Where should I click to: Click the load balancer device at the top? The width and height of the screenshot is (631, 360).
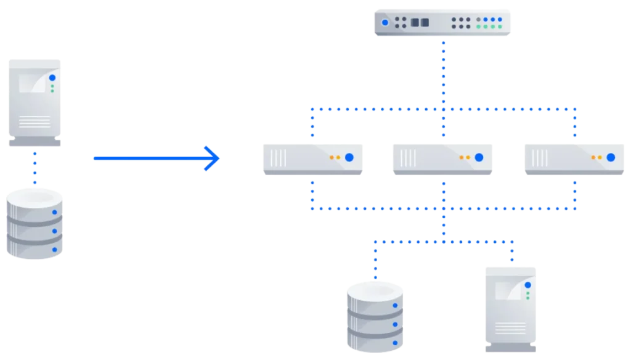pyautogui.click(x=443, y=22)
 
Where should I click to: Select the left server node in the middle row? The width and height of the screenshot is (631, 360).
pyautogui.click(x=312, y=159)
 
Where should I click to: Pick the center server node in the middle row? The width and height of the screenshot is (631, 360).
pyautogui.click(x=441, y=159)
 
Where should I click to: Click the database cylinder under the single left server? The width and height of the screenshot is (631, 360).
pyautogui.click(x=35, y=224)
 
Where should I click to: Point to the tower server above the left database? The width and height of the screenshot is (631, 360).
pyautogui.click(x=35, y=102)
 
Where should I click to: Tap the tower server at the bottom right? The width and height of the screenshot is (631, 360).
pyautogui.click(x=510, y=309)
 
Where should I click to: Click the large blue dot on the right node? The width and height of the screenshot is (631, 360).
pyautogui.click(x=611, y=157)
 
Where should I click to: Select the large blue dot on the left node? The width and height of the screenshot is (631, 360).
pyautogui.click(x=349, y=157)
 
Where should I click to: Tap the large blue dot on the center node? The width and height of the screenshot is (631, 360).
pyautogui.click(x=478, y=157)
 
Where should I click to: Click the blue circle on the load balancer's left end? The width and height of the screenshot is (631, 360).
pyautogui.click(x=385, y=23)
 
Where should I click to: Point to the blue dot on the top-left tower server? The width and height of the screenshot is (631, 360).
pyautogui.click(x=52, y=78)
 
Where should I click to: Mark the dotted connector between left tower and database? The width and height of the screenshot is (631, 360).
pyautogui.click(x=35, y=168)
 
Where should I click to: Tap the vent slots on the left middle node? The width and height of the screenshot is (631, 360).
pyautogui.click(x=279, y=158)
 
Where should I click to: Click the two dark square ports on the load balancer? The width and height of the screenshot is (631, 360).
pyautogui.click(x=419, y=23)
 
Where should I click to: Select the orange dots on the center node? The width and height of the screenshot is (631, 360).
pyautogui.click(x=464, y=157)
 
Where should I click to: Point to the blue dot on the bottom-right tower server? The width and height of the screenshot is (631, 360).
pyautogui.click(x=527, y=285)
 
